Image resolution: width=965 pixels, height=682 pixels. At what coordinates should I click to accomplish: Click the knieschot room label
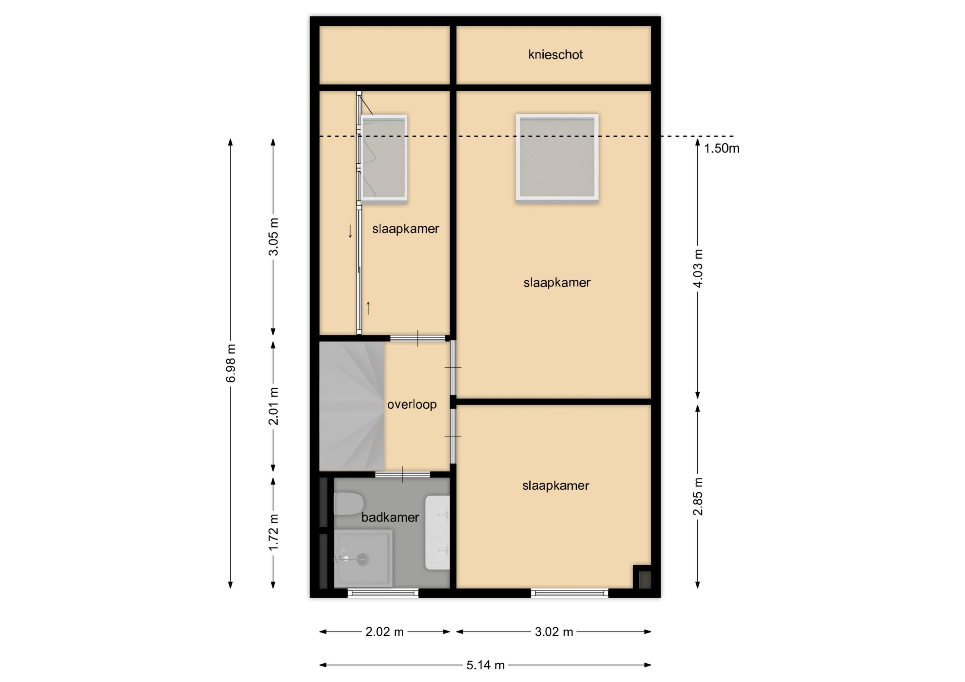[x=555, y=55]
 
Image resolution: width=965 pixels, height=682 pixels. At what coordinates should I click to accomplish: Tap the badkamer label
[x=390, y=517]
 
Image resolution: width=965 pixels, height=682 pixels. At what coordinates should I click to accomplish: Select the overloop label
[x=412, y=405]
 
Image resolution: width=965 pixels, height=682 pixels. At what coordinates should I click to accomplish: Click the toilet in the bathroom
[x=348, y=504]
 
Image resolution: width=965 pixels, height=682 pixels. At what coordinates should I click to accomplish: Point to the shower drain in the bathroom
[x=362, y=559]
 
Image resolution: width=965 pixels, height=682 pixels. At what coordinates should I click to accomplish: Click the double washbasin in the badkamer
[x=437, y=532]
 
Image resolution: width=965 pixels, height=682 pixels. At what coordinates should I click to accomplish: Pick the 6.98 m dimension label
[x=231, y=363]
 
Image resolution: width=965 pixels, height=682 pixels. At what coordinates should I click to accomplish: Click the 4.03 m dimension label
[x=698, y=268]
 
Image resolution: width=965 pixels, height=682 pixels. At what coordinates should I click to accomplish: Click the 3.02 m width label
[x=554, y=632]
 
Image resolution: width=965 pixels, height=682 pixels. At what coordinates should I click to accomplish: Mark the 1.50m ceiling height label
[x=721, y=148]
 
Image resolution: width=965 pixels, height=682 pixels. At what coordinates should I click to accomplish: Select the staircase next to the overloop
[x=352, y=406]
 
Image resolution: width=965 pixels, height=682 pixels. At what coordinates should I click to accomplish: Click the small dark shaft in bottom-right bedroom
[x=643, y=577]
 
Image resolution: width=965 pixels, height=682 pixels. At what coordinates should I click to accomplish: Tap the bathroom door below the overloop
[x=403, y=474]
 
